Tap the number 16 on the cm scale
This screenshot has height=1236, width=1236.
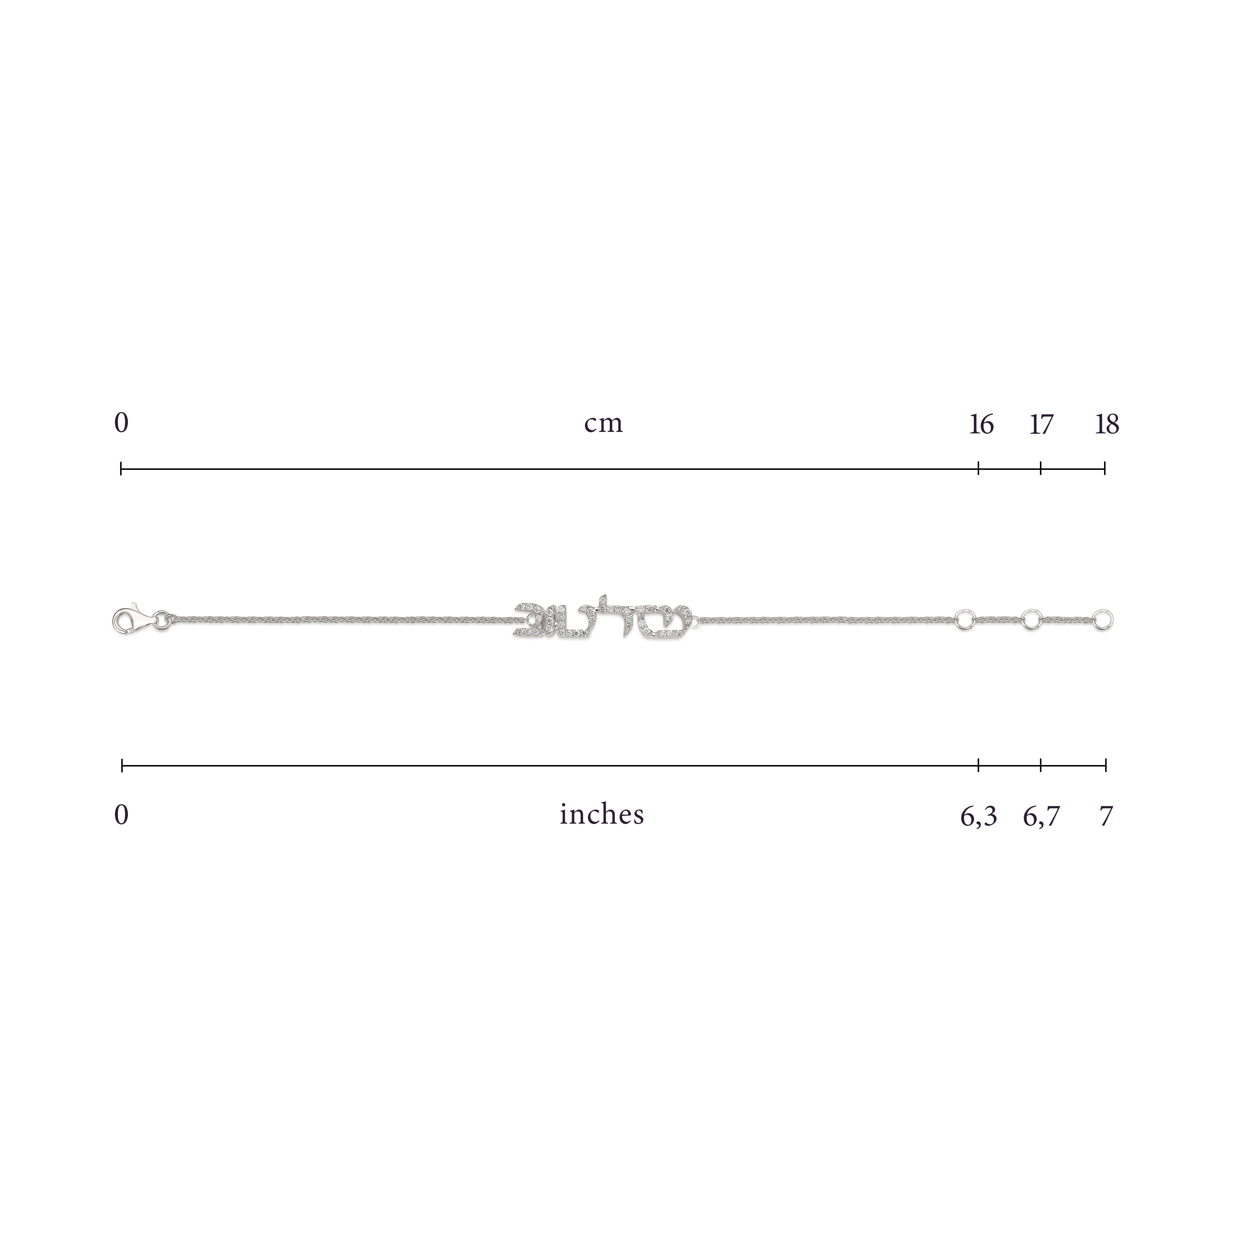click(981, 424)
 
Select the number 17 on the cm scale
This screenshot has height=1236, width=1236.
click(1041, 424)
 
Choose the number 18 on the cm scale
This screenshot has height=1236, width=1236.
click(1107, 424)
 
